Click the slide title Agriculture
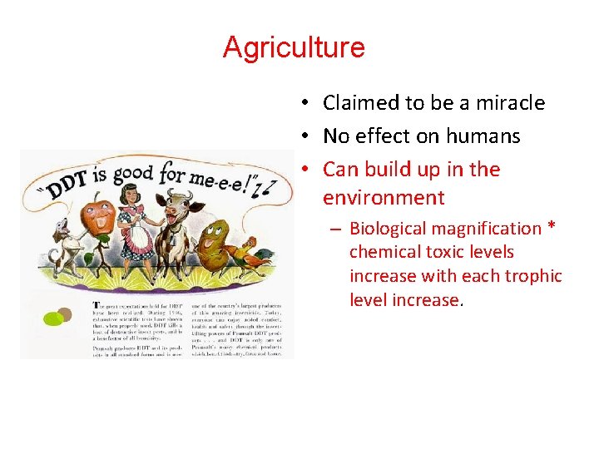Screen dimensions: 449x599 pyautogui.click(x=294, y=47)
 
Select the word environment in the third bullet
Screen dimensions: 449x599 pyautogui.click(x=384, y=198)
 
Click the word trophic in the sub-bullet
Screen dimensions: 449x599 pyautogui.click(x=533, y=276)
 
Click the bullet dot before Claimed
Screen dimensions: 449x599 pyautogui.click(x=306, y=103)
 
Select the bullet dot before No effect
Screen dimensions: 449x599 pyautogui.click(x=306, y=136)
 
